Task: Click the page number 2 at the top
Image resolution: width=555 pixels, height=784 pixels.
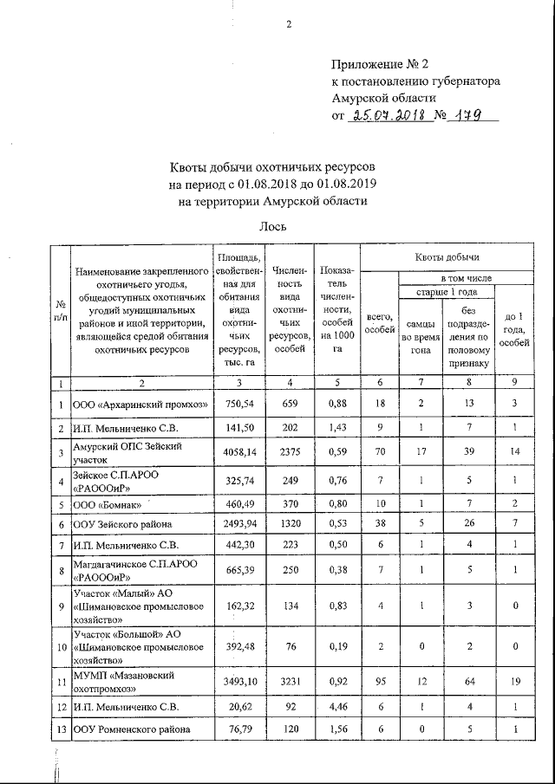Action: [288, 23]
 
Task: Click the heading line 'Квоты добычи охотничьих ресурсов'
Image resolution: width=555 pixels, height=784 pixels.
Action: [273, 166]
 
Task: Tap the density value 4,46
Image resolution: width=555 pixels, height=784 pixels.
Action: [334, 707]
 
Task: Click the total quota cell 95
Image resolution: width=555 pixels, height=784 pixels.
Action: [377, 683]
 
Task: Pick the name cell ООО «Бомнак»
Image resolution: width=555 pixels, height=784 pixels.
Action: [105, 502]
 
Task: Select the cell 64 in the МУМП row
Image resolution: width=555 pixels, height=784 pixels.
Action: [468, 683]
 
